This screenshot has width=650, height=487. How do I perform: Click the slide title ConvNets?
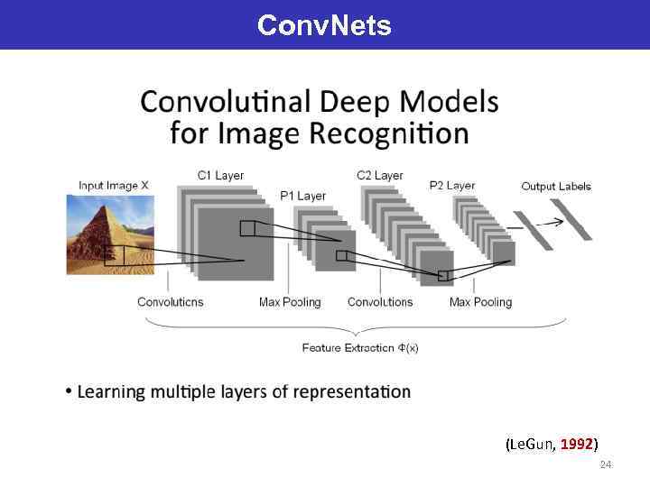pos(324,24)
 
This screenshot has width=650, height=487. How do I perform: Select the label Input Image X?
pos(114,186)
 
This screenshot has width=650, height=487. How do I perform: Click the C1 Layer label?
pos(220,175)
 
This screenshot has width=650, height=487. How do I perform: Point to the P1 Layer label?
pos(302,196)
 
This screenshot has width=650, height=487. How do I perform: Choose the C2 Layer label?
pos(380,175)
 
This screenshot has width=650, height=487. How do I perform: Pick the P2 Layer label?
pos(452,186)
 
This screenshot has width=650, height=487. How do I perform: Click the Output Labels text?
pos(556,187)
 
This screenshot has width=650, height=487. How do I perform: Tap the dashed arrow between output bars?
pos(543,223)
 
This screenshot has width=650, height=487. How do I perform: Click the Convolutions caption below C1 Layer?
pos(170,302)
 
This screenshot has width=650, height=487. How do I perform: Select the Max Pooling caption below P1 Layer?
pos(290,302)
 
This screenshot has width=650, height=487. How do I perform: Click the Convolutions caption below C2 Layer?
pos(380,302)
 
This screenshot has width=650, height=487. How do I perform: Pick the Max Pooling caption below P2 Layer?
pos(480,302)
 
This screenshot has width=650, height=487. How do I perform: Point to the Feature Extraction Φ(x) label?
pos(360,347)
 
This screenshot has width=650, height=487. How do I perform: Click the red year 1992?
pos(576,444)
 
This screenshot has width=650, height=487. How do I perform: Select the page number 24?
pos(606,464)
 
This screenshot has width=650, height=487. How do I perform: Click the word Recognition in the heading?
pos(389,134)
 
